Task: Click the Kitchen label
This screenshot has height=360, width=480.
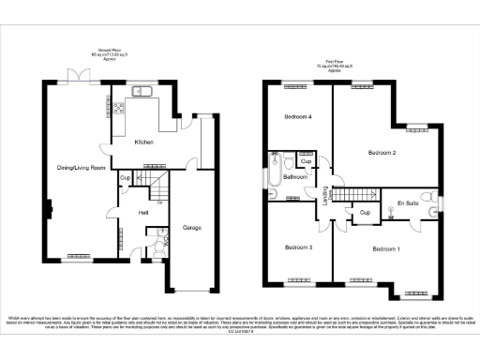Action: point(142,142)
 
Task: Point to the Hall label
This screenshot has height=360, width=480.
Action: point(143,213)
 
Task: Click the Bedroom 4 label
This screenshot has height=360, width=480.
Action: point(298,117)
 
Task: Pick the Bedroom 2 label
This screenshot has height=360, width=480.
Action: point(382,152)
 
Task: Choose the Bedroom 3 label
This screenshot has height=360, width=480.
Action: point(298,247)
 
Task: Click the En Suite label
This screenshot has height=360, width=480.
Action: point(407,202)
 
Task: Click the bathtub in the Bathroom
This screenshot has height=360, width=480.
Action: point(272,172)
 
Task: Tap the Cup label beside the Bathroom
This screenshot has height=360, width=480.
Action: point(305,160)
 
